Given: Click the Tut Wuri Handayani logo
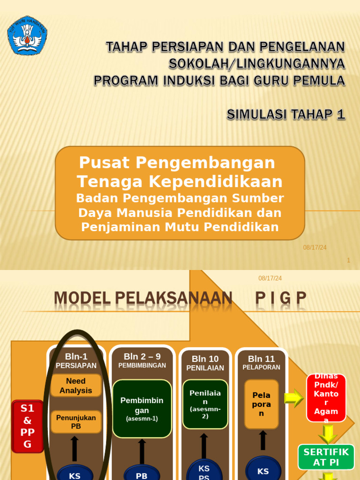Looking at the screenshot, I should [27, 35].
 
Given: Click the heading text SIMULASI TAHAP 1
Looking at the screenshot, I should [286, 114].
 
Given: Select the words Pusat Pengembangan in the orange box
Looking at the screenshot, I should [177, 163].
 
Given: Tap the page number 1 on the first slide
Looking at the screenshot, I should [348, 260].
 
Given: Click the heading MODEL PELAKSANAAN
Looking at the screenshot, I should [143, 298].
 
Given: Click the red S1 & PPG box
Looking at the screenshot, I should [28, 426].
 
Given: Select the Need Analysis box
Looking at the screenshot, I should [76, 386].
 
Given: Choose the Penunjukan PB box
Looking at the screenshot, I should [76, 422].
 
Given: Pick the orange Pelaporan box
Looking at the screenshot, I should [262, 404].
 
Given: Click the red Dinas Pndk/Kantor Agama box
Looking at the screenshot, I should [326, 398].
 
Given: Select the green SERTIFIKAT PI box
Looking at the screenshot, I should [326, 457].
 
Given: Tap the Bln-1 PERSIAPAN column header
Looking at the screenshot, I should [76, 361].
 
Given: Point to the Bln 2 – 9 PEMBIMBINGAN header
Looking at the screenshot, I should [142, 360].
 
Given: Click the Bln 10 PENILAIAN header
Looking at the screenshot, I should [205, 363].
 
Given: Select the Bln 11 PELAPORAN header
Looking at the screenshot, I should [262, 362].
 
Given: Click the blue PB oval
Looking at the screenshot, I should [142, 474].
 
